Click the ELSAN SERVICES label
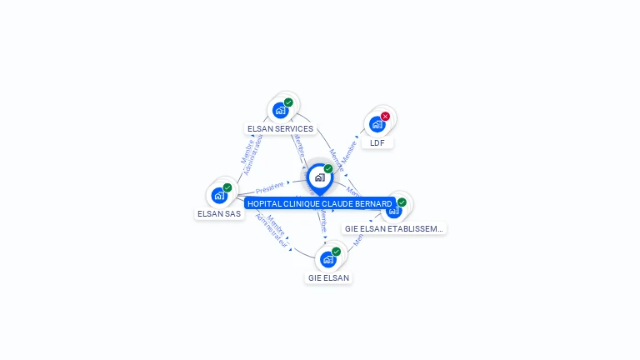click(x=280, y=129)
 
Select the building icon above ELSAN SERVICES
click(x=280, y=110)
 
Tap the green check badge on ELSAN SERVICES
click(x=288, y=102)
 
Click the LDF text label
click(x=377, y=142)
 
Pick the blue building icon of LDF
click(x=377, y=124)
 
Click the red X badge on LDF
click(x=385, y=117)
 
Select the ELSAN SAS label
click(x=219, y=213)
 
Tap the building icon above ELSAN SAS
click(x=219, y=195)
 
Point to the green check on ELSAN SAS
click(x=227, y=187)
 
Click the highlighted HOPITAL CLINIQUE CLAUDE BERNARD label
click(x=319, y=203)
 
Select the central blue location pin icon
click(x=319, y=177)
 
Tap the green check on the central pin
click(x=328, y=168)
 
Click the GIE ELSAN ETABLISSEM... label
click(x=394, y=228)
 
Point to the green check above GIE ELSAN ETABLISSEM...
click(x=402, y=202)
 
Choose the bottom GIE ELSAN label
click(x=328, y=277)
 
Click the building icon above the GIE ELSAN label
click(x=328, y=259)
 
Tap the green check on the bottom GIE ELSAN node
click(x=336, y=251)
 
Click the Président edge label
click(x=269, y=187)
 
